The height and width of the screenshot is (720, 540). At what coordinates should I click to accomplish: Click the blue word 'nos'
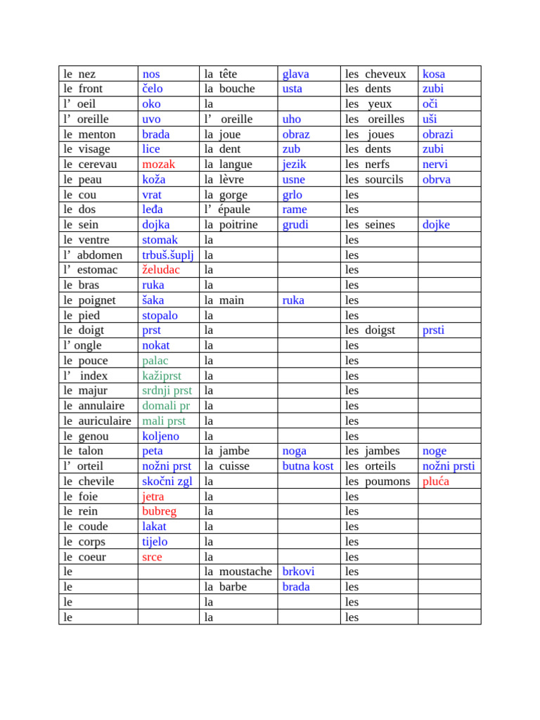pyautogui.click(x=151, y=74)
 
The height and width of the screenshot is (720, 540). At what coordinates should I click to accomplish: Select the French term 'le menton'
pyautogui.click(x=89, y=134)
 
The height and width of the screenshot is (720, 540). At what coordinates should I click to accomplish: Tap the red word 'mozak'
pyautogui.click(x=158, y=165)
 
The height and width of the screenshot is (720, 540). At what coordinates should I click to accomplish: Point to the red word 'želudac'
pyautogui.click(x=161, y=270)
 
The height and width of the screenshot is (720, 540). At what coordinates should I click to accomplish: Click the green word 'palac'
pyautogui.click(x=155, y=361)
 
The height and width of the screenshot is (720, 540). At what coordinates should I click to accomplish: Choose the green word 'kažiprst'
pyautogui.click(x=162, y=375)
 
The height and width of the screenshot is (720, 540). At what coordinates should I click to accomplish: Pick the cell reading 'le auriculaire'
pyautogui.click(x=97, y=421)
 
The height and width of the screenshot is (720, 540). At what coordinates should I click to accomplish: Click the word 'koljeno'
pyautogui.click(x=160, y=436)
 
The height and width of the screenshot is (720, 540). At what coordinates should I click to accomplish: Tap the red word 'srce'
pyautogui.click(x=152, y=557)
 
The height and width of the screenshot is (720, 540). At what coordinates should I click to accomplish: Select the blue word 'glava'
pyautogui.click(x=295, y=74)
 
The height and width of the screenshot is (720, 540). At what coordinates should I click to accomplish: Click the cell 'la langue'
pyautogui.click(x=226, y=165)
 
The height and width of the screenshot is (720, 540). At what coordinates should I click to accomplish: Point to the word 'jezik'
pyautogui.click(x=294, y=165)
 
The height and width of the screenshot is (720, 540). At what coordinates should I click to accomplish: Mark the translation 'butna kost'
pyautogui.click(x=307, y=466)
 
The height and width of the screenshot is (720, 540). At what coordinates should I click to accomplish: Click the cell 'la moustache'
pyautogui.click(x=238, y=572)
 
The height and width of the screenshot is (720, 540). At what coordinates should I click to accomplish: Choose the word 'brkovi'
pyautogui.click(x=298, y=572)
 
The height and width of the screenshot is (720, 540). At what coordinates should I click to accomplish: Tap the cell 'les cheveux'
pyautogui.click(x=375, y=74)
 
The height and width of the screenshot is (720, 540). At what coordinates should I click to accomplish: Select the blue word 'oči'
pyautogui.click(x=430, y=104)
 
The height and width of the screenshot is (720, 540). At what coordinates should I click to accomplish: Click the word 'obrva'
pyautogui.click(x=437, y=179)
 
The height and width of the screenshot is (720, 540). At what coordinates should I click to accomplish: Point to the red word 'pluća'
pyautogui.click(x=435, y=482)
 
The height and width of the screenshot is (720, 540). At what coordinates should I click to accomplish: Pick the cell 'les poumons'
pyautogui.click(x=378, y=482)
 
